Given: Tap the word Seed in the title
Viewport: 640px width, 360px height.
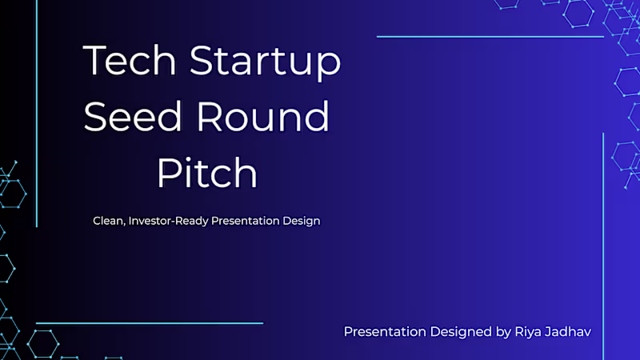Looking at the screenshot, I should [x=127, y=118].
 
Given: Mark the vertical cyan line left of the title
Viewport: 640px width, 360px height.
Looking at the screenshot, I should [x=37, y=112].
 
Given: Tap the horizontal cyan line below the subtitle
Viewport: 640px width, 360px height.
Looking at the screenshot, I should [x=150, y=323].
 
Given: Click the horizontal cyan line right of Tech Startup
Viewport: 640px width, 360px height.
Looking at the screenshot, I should [x=490, y=37].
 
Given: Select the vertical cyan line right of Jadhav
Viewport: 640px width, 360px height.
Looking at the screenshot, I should [x=602, y=240].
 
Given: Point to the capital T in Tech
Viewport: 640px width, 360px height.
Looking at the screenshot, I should [x=95, y=62].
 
